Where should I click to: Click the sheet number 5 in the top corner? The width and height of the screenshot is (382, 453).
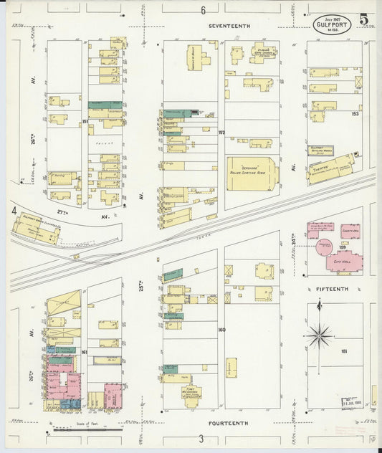[x=364, y=19]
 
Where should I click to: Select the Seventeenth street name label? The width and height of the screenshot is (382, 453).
[x=229, y=26]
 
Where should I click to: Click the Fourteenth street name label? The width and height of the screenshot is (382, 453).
[x=229, y=424]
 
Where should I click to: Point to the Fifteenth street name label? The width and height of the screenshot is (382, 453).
[x=332, y=289]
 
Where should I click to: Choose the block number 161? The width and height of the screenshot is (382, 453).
[x=85, y=353]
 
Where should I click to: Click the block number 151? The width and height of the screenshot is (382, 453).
[x=85, y=123]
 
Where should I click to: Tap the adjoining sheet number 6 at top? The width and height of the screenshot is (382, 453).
[x=203, y=10]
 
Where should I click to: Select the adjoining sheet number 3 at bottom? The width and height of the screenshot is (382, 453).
[x=201, y=439]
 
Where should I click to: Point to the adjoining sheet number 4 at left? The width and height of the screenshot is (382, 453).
[x=14, y=211]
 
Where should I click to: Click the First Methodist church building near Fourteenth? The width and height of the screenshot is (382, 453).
[x=191, y=393]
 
